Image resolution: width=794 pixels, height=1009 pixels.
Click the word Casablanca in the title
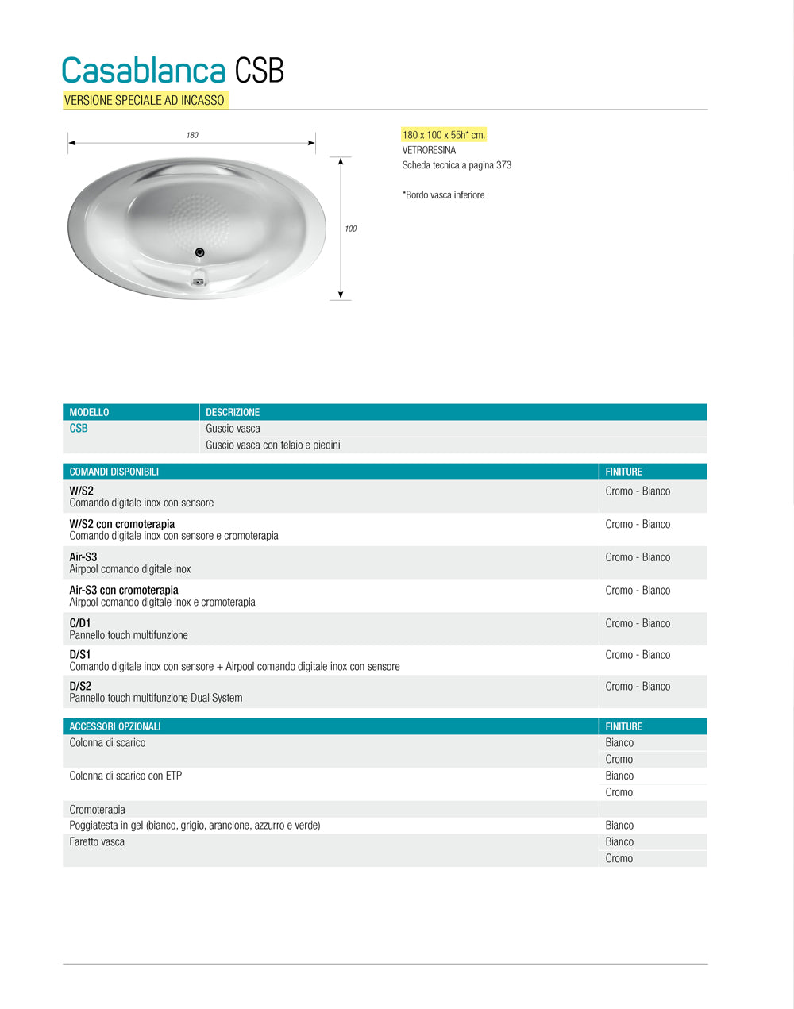(x=144, y=71)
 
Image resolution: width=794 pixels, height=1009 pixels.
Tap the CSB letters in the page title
(x=260, y=71)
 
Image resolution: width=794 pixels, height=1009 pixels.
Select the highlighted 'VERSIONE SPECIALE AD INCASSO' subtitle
(x=145, y=100)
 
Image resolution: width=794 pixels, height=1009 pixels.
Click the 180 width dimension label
(x=192, y=135)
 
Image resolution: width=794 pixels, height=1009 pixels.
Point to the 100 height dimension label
(x=350, y=229)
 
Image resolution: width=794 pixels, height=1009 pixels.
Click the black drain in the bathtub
(x=200, y=252)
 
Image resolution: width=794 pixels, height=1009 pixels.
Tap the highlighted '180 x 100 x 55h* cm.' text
(x=444, y=135)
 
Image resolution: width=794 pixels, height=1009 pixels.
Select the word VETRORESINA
(x=429, y=150)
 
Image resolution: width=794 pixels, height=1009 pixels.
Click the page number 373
(x=503, y=165)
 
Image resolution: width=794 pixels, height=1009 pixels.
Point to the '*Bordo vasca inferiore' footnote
(x=443, y=194)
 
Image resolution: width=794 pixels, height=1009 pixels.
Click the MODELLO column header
(x=89, y=412)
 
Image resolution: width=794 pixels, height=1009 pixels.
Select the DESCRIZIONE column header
(x=233, y=412)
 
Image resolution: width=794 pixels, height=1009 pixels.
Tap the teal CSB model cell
(x=79, y=429)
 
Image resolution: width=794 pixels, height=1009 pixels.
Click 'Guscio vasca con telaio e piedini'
(x=273, y=445)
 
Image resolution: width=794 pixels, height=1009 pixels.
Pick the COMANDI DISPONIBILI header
(x=114, y=472)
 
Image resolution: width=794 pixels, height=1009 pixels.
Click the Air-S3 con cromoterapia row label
(x=124, y=590)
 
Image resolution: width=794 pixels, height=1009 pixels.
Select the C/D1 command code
(x=80, y=623)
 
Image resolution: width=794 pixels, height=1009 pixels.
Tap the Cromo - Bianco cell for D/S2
(x=638, y=687)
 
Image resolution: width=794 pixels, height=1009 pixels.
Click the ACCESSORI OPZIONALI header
(x=115, y=726)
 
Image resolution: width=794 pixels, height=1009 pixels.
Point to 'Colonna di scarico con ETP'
(x=125, y=776)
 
